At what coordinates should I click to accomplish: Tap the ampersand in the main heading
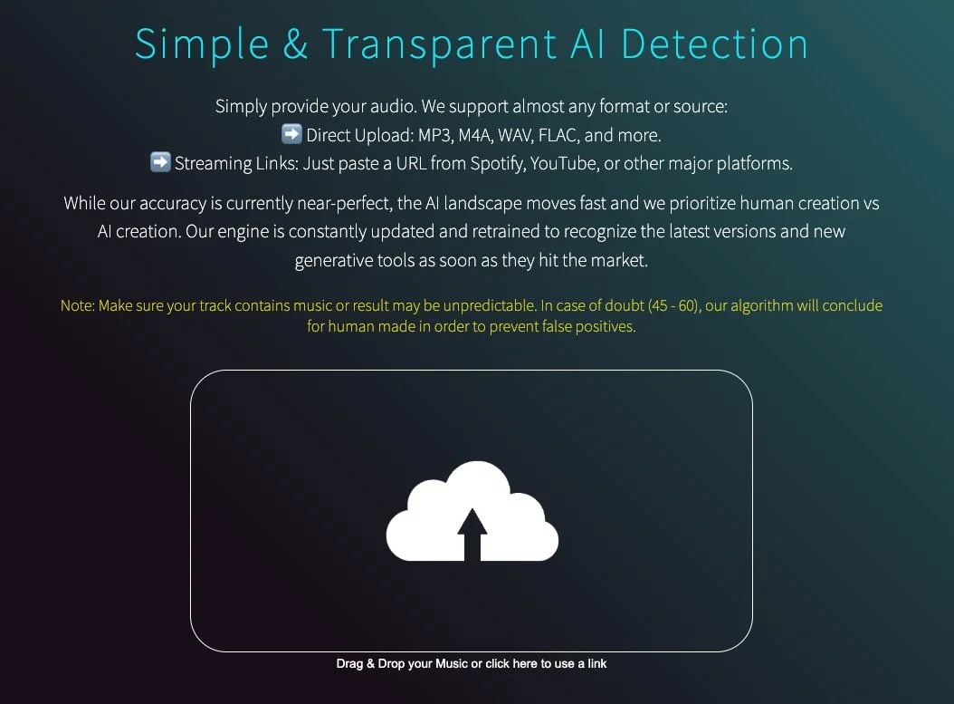click(295, 43)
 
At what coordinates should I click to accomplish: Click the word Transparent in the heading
click(439, 43)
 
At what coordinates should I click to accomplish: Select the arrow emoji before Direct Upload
click(291, 135)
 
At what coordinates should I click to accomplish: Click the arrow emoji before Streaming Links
click(160, 163)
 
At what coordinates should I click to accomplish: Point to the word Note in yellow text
click(76, 306)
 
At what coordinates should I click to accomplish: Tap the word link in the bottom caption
click(596, 664)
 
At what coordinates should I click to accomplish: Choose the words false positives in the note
click(588, 327)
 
